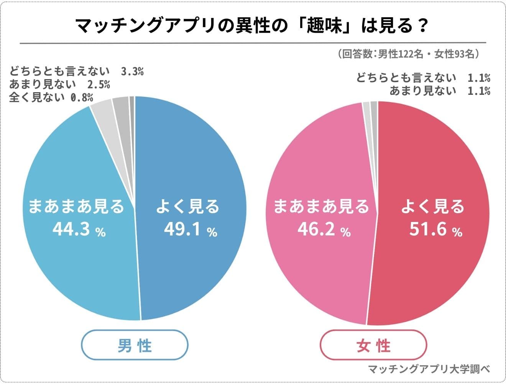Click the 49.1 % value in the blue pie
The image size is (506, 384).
tap(191, 230)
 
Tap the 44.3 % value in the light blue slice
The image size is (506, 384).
tap(79, 230)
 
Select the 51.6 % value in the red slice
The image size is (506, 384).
tap(435, 230)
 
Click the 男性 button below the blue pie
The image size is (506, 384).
tap(135, 345)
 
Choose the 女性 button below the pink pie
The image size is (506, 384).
tap(373, 345)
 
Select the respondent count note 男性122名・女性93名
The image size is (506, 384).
tap(409, 54)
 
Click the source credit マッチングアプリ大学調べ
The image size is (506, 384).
tap(429, 369)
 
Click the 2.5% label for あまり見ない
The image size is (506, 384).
tap(99, 84)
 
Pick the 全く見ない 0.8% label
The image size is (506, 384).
tap(51, 97)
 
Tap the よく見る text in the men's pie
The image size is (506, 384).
tap(187, 207)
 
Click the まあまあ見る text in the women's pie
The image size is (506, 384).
tap(321, 207)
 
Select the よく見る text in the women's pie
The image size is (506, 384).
tap(432, 207)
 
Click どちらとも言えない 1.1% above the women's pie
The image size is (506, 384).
tap(423, 78)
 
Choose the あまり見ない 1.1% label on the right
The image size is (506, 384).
tap(440, 91)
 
